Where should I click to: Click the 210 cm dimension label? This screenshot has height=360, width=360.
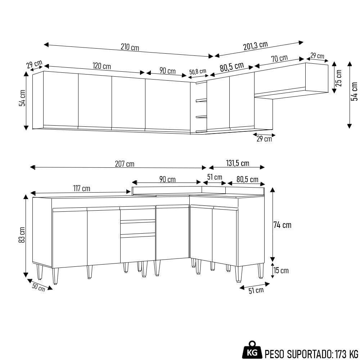[x=130, y=47]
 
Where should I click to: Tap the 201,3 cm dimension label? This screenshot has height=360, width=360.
[x=256, y=46]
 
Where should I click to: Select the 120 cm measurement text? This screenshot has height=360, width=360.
[x=102, y=66]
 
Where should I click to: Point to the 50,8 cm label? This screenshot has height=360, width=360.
[x=198, y=71]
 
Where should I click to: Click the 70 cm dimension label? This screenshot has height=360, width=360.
[x=279, y=58]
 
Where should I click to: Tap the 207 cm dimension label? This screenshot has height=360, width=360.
[x=125, y=164]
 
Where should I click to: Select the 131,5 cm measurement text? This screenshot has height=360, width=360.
[x=237, y=163]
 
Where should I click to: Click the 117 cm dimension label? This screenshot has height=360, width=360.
[x=81, y=188]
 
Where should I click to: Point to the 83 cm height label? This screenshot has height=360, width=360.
[x=22, y=235]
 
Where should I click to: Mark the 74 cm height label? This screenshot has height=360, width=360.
[x=282, y=225]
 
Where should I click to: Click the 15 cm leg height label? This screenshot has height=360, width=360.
[x=281, y=270]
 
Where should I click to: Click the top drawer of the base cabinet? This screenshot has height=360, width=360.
[x=137, y=215]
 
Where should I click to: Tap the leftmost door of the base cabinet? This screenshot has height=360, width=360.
[x=70, y=238]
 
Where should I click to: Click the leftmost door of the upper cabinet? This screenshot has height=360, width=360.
[x=60, y=100]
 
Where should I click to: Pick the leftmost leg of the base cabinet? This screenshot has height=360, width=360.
[x=39, y=273]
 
